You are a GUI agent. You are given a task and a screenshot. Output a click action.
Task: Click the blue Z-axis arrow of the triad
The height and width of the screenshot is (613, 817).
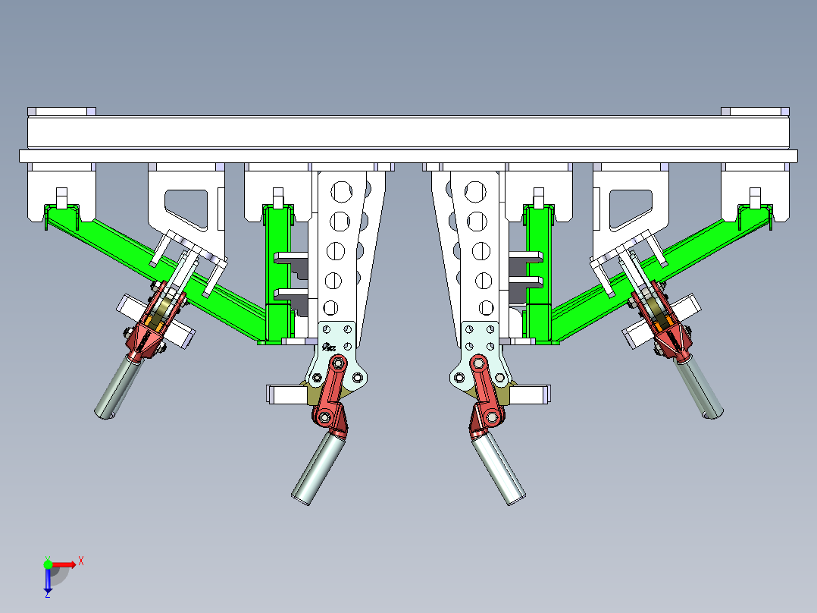pyautogui.click(x=48, y=579)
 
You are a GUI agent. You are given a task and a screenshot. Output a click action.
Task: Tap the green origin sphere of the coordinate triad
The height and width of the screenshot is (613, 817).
pyautogui.click(x=48, y=564)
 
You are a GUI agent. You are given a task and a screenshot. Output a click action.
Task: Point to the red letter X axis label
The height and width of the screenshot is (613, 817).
pyautogui.click(x=81, y=561)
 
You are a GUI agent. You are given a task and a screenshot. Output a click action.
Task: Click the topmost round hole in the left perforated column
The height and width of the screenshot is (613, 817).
pyautogui.click(x=341, y=192)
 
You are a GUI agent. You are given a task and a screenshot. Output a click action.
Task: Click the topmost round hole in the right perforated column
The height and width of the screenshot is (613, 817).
pyautogui.click(x=475, y=192)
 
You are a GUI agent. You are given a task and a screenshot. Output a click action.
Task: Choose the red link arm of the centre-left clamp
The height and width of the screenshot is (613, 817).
pyautogui.click(x=332, y=388)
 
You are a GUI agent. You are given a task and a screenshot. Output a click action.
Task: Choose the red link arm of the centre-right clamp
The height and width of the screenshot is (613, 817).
pyautogui.click(x=485, y=388)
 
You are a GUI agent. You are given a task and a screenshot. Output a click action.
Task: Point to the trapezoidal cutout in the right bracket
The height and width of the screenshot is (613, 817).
pyautogui.click(x=631, y=209)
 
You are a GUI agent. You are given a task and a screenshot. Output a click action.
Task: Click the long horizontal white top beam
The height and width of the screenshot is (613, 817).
pyautogui.click(x=409, y=133)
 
